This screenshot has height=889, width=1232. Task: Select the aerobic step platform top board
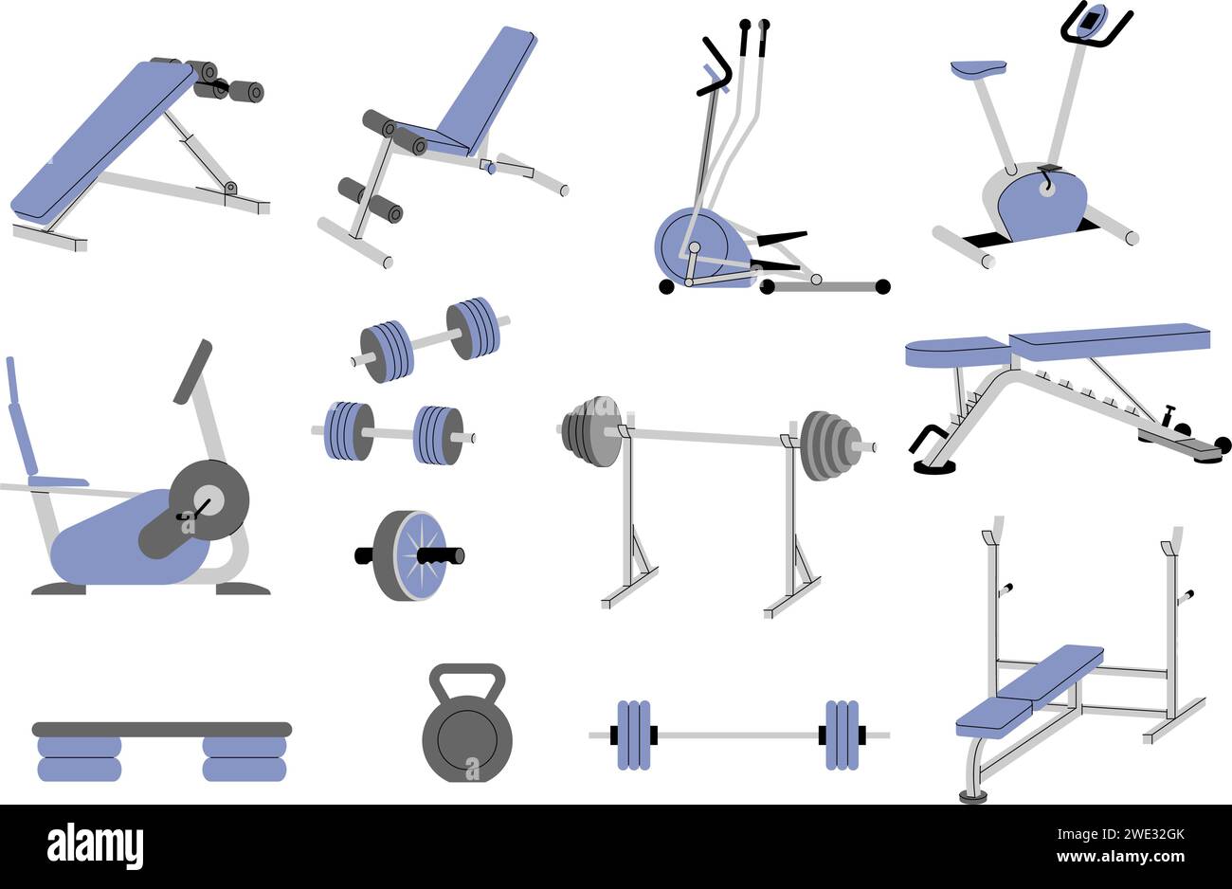pyautogui.click(x=162, y=729)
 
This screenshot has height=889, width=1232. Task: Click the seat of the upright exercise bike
pyautogui.click(x=978, y=68)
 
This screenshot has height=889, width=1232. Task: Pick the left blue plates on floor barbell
pyautogui.click(x=633, y=735)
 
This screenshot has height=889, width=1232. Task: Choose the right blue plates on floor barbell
pyautogui.click(x=841, y=735)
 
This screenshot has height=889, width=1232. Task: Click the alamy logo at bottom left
pyautogui.click(x=95, y=845)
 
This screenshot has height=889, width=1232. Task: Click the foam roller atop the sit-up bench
pyautogui.click(x=246, y=91)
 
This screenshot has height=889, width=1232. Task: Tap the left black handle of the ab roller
pyautogui.click(x=365, y=555)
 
